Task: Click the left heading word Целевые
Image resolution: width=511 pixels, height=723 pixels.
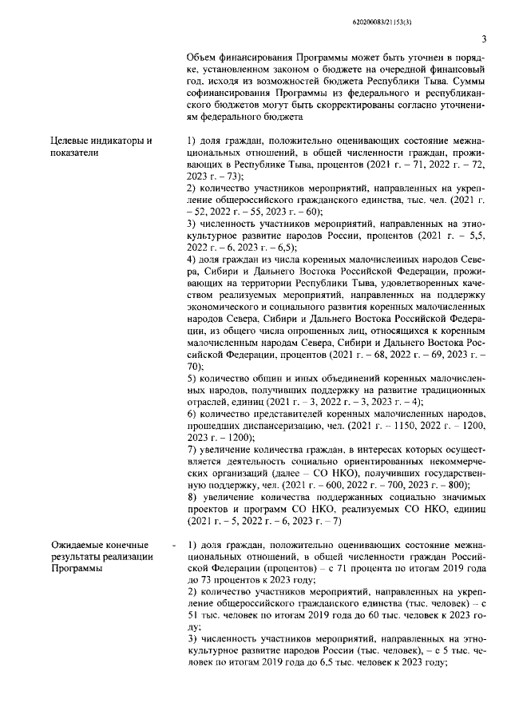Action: [x=70, y=141]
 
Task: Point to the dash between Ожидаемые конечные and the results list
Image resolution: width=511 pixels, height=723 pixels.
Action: [x=173, y=545]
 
